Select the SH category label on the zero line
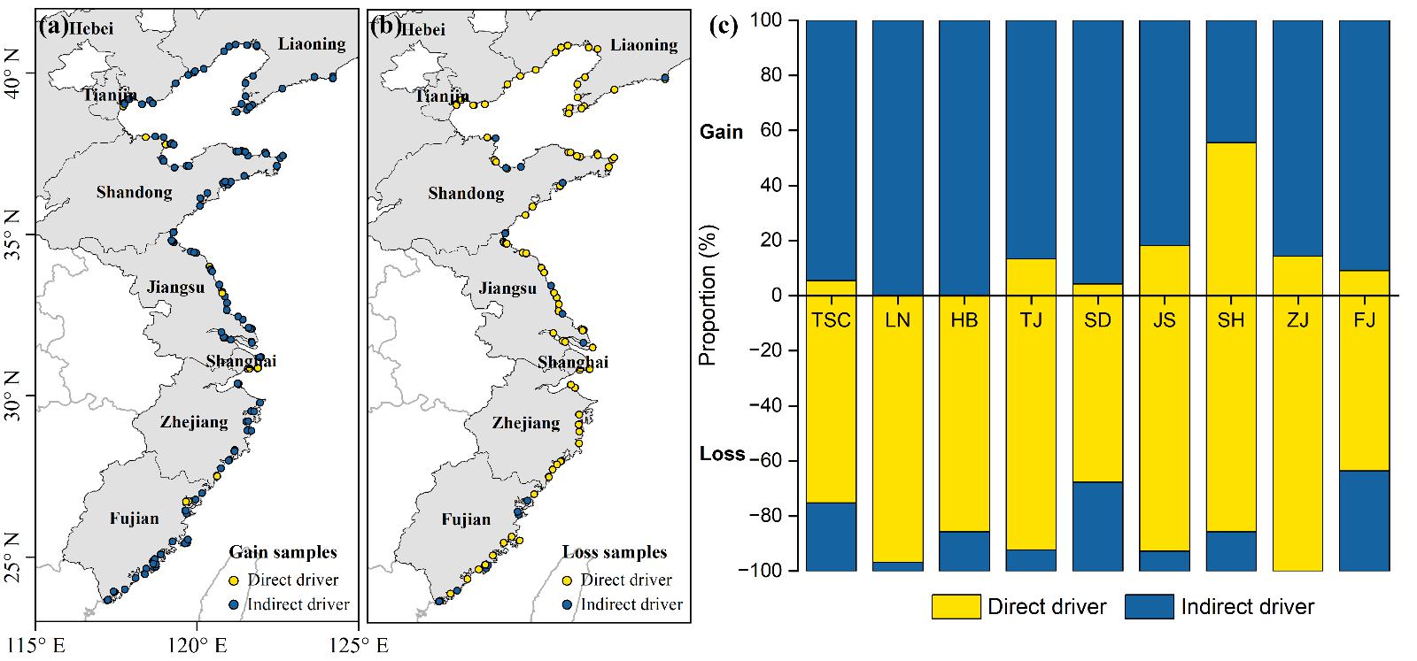pos(1230,319)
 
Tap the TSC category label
pos(831,319)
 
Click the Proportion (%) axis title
pos(708,296)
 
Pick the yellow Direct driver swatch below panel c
pos(956,607)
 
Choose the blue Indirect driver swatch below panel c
pos(1149,607)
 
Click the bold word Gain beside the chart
pos(722,132)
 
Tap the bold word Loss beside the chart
pos(722,454)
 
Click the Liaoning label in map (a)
pos(312,43)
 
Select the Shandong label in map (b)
pos(466,193)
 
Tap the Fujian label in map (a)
pos(135,519)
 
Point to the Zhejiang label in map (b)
pos(526,423)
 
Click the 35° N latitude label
pos(18,235)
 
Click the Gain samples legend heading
pos(283,552)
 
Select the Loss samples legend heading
pos(615,552)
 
